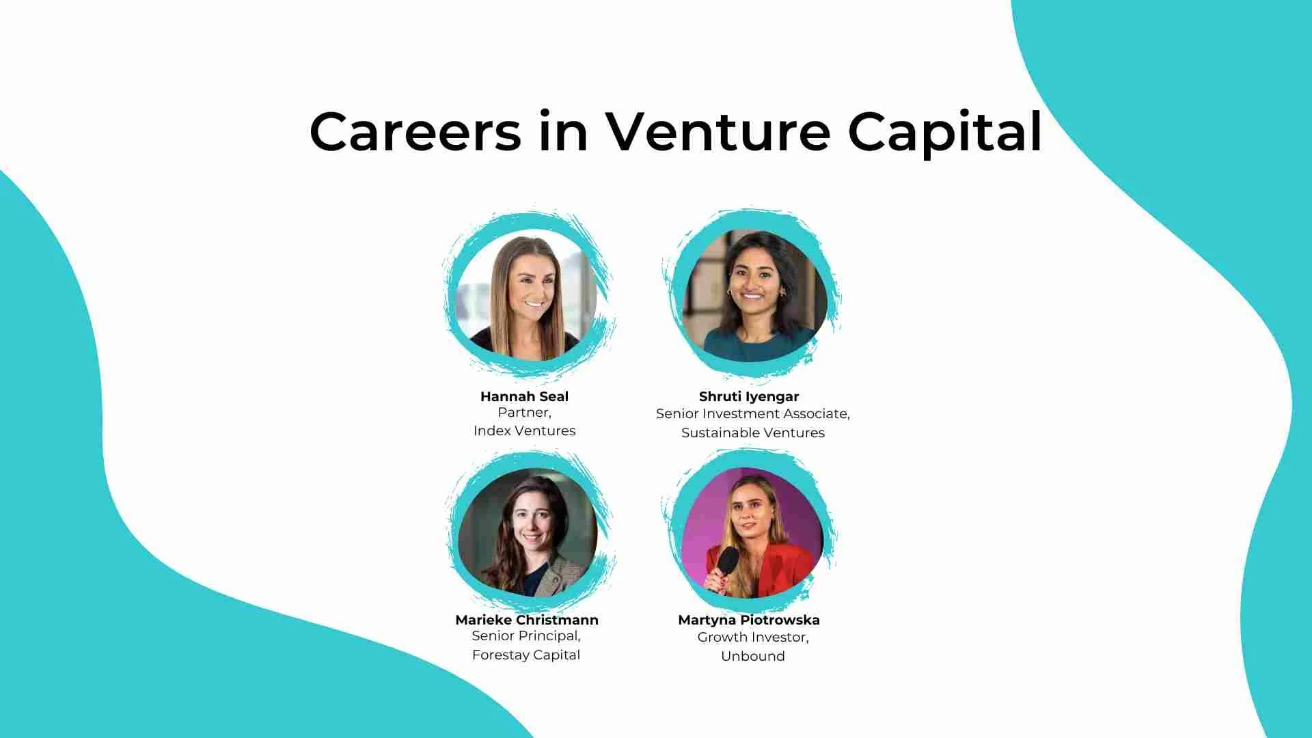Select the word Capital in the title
(x=944, y=133)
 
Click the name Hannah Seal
(x=524, y=396)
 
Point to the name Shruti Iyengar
(x=748, y=396)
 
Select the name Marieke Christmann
(x=526, y=620)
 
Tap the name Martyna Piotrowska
(x=748, y=620)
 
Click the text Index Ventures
(x=524, y=430)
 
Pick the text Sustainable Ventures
(x=752, y=433)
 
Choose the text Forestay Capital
(x=525, y=655)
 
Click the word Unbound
(x=752, y=656)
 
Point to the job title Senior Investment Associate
(x=752, y=413)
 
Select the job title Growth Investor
(x=752, y=637)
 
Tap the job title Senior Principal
(x=525, y=635)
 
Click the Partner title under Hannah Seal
(x=523, y=412)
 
